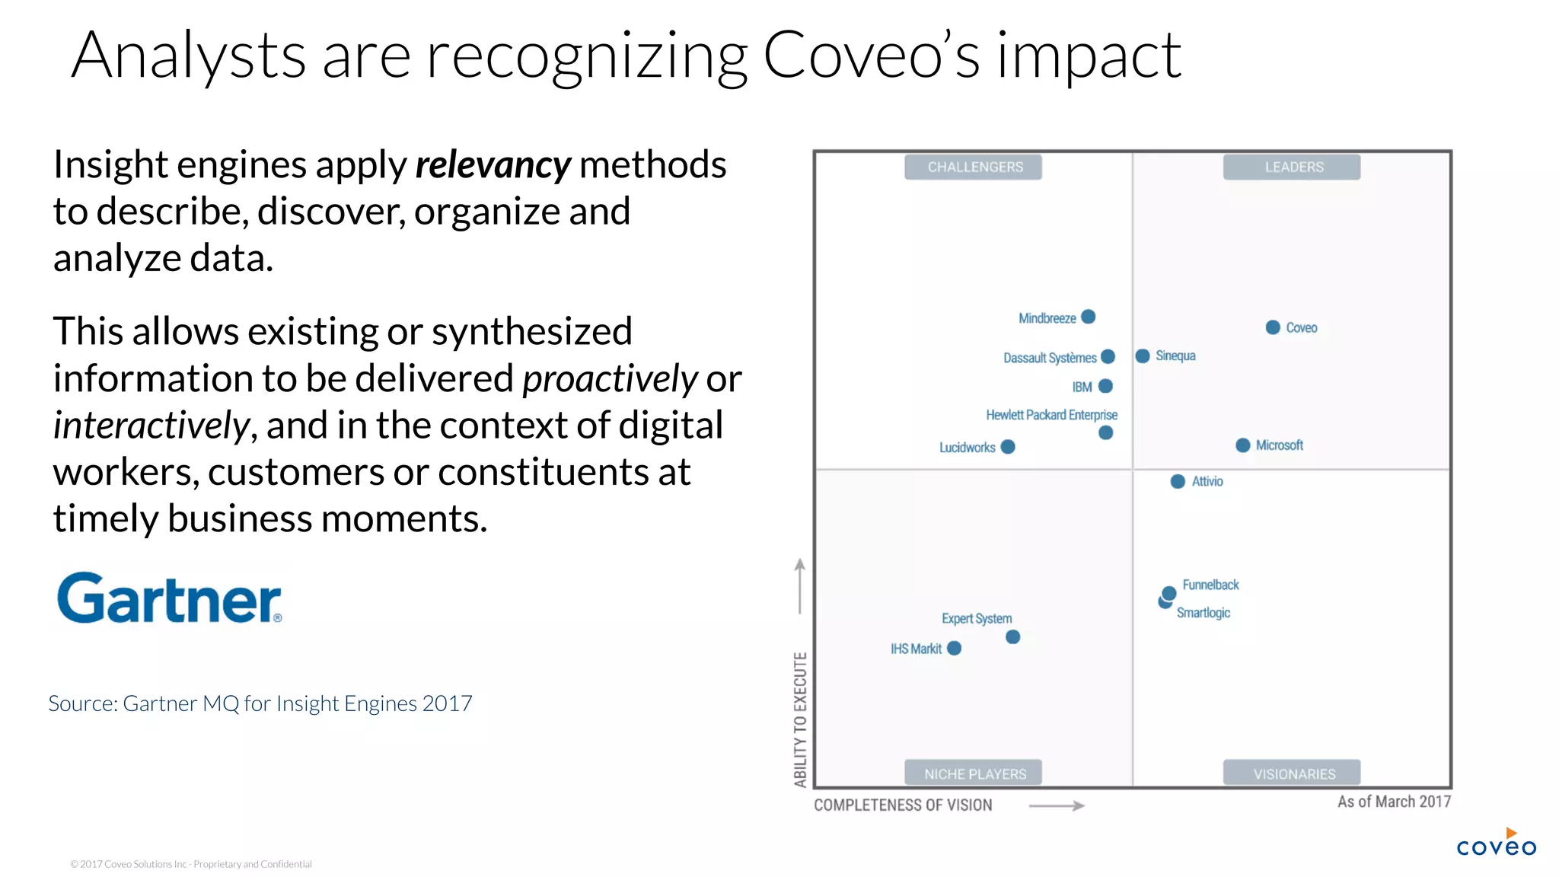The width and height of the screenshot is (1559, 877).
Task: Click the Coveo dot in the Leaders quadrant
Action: (1273, 327)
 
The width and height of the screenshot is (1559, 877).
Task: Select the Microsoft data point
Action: (1243, 445)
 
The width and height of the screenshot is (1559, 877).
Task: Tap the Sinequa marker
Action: (1143, 356)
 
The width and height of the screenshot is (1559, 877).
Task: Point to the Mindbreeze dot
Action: (1089, 317)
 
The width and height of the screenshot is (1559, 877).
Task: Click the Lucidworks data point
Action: (1008, 447)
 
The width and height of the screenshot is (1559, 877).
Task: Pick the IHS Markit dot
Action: (955, 648)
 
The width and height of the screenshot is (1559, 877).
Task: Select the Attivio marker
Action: (1178, 481)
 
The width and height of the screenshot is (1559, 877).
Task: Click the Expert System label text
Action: (977, 618)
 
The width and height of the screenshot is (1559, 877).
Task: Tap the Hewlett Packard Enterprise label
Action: (1051, 415)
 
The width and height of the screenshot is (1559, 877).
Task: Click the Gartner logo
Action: (169, 599)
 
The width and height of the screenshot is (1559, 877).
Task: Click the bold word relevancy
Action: (493, 165)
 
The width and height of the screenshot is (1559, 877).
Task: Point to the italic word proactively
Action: (610, 378)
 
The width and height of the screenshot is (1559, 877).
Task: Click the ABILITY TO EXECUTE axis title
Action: (800, 719)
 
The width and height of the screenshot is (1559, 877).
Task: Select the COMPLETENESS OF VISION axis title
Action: (903, 805)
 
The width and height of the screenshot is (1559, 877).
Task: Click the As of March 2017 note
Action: (1394, 802)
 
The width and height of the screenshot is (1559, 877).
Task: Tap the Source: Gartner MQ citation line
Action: (260, 703)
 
